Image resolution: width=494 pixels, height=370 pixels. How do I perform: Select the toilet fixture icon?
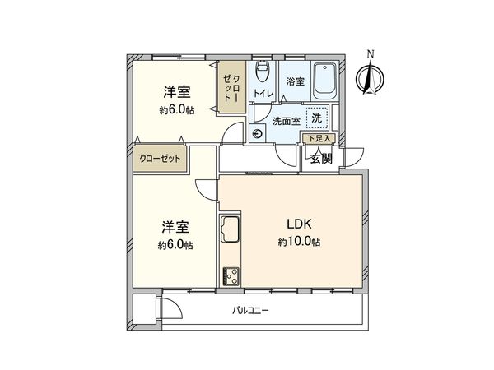tap(262, 70)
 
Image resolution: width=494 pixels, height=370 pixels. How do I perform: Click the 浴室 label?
tap(295, 82)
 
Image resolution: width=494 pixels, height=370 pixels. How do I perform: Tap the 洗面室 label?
tap(286, 120)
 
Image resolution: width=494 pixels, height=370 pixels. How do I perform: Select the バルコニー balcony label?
tap(250, 311)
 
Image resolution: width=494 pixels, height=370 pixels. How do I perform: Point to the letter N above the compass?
tap(371, 55)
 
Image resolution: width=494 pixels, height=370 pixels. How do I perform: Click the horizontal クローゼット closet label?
tap(158, 159)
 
